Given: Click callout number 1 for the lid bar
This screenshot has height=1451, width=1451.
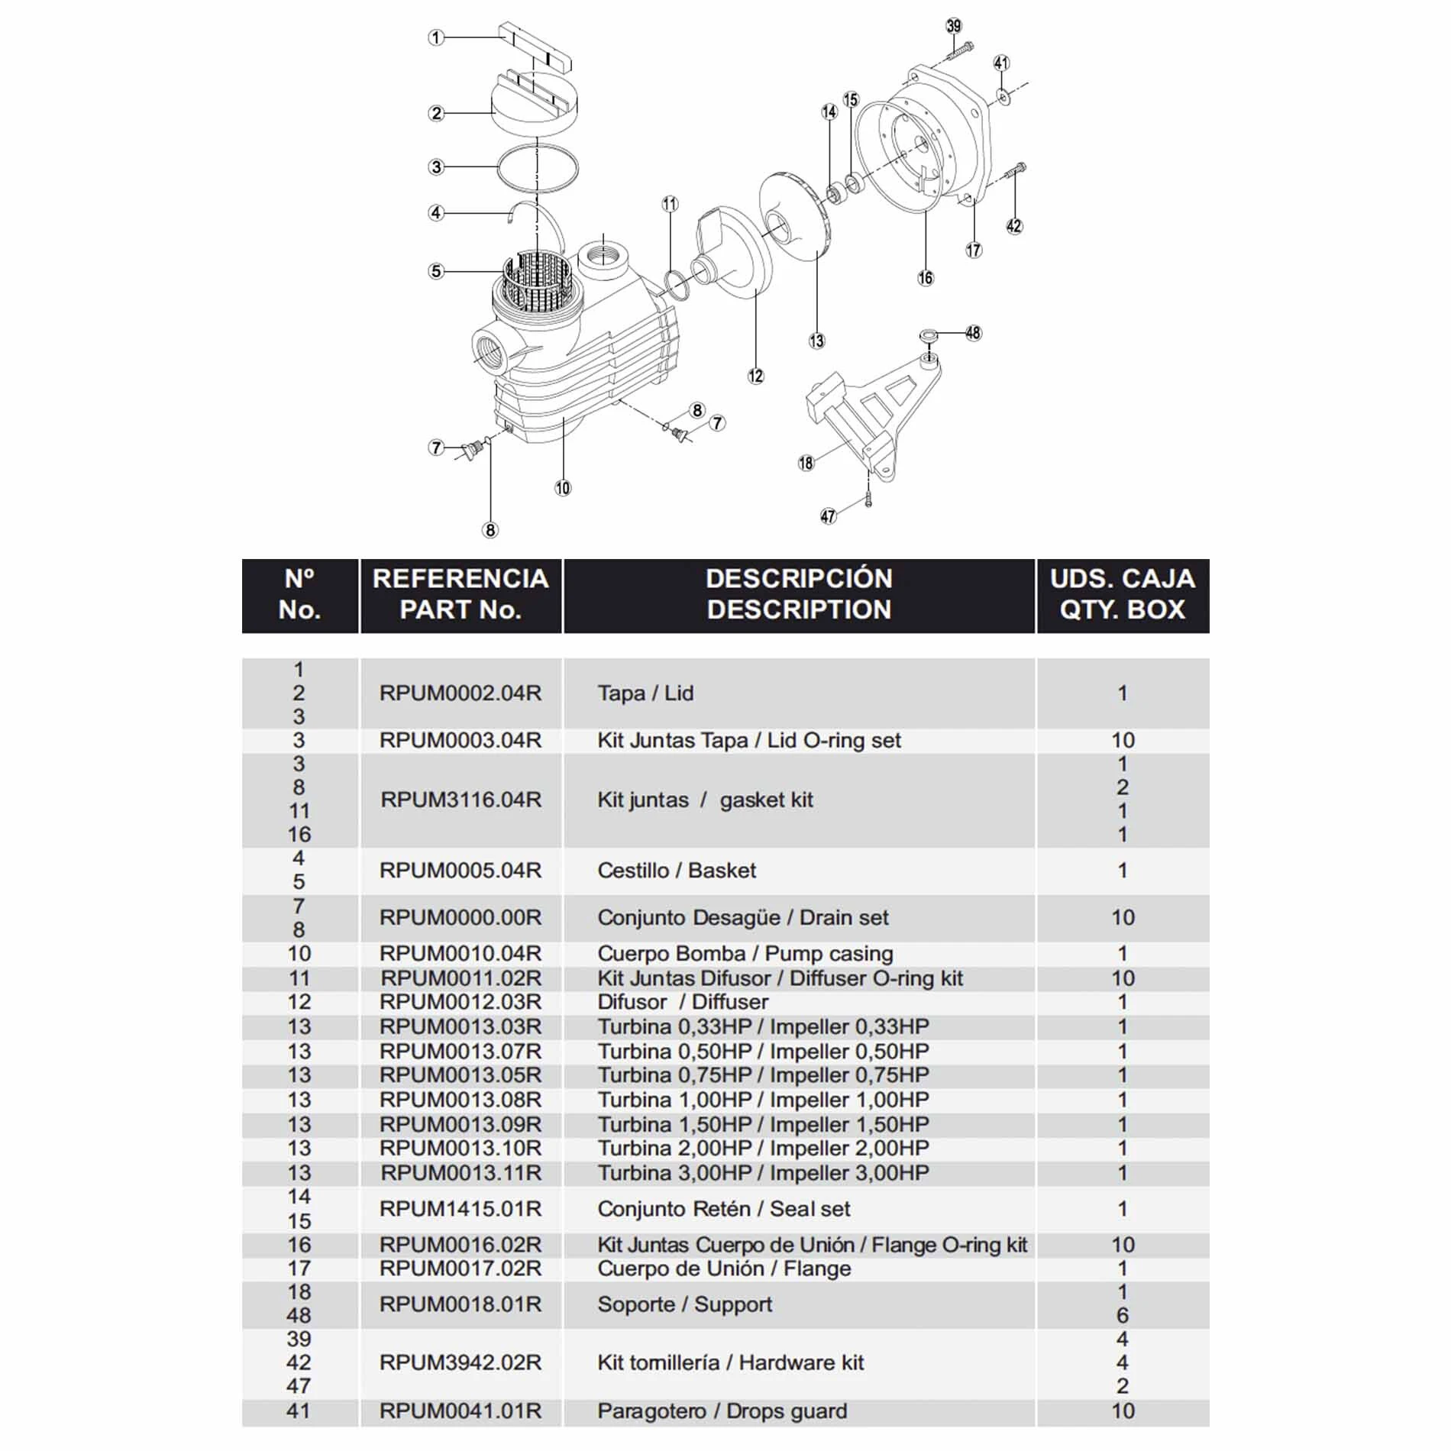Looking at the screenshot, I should (436, 37).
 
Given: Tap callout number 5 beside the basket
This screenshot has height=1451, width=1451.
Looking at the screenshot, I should (436, 271).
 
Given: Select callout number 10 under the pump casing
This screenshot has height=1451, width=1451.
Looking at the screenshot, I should (563, 488).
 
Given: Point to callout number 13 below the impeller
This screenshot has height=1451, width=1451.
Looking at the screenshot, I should (816, 341).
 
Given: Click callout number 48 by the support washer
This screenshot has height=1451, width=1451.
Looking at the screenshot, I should (973, 333).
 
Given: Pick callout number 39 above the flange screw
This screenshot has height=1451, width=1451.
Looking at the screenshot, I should (954, 26).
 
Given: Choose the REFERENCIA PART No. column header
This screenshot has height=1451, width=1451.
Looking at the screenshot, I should (461, 594).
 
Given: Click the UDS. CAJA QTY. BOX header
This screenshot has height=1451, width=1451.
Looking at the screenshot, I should (1122, 594).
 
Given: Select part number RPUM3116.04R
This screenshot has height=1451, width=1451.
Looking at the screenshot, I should (461, 800).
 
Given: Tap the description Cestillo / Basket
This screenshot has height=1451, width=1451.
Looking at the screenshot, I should (677, 871).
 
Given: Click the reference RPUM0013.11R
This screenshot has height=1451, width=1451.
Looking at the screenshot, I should (461, 1172).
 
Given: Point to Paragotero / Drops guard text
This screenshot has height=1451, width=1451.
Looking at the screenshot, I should (722, 1411).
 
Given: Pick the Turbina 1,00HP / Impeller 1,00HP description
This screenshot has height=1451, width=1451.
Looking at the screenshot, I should (763, 1100).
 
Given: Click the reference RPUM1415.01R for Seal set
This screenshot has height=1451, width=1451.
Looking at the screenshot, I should (461, 1209).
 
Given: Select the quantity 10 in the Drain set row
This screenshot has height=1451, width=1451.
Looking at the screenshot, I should (1122, 917).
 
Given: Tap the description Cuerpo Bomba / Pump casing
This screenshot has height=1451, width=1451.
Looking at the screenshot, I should (745, 954).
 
